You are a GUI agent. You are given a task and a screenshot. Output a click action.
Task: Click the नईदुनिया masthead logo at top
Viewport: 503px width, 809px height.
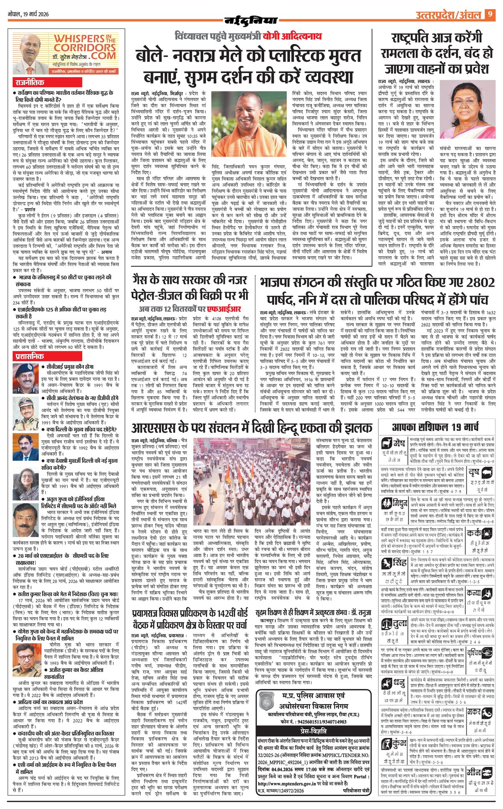pos(251,20)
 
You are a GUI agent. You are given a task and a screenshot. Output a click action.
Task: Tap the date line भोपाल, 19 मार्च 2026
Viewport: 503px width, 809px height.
pos(29,14)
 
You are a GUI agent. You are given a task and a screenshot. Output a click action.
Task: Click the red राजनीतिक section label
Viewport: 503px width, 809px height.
pos(29,83)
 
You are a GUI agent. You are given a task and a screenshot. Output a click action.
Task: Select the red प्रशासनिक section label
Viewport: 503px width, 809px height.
pos(29,356)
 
